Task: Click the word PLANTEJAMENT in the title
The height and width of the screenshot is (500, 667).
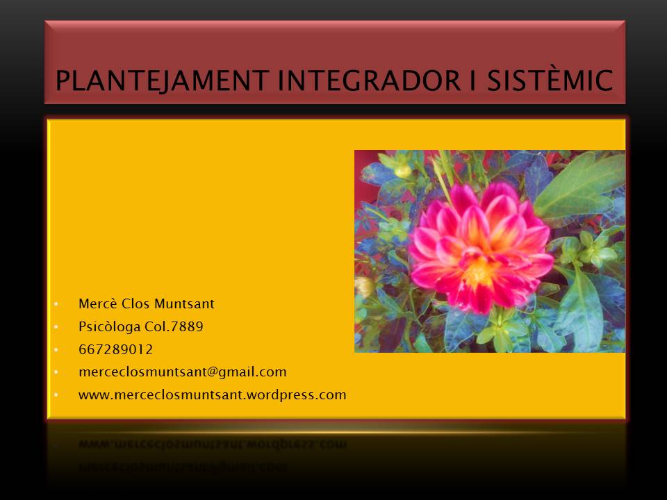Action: (x=162, y=81)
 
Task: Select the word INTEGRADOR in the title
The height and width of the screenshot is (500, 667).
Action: (x=369, y=81)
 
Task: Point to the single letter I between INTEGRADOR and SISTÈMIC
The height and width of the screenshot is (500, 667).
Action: (x=473, y=81)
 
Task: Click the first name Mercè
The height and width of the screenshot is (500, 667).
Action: (x=97, y=303)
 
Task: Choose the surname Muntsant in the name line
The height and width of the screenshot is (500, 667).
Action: (x=184, y=303)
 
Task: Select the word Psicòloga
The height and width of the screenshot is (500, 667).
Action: (x=109, y=326)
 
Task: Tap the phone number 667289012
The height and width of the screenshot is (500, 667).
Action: (x=116, y=349)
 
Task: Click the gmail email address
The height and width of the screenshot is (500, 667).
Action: (x=183, y=372)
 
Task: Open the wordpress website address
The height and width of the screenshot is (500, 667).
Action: (x=213, y=395)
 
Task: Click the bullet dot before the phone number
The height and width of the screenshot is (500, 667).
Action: (x=56, y=350)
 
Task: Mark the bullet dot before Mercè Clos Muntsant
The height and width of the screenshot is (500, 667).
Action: (x=56, y=304)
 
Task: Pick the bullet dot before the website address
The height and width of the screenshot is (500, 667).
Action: (x=56, y=395)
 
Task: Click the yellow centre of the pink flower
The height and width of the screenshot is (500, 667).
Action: (x=480, y=272)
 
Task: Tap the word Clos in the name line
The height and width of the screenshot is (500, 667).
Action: (x=135, y=303)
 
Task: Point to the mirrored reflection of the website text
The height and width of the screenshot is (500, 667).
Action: (x=213, y=444)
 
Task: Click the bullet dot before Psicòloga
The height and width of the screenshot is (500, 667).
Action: (x=56, y=327)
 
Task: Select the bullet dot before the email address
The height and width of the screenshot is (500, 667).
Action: (x=56, y=372)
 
